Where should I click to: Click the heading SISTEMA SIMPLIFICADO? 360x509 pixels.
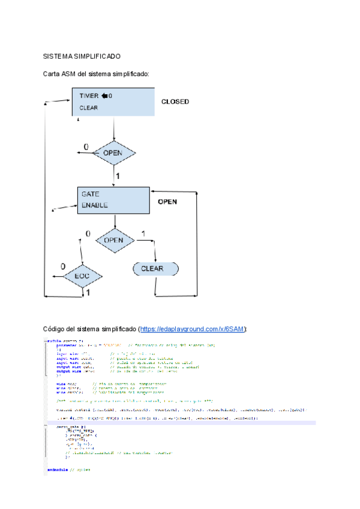click(82, 56)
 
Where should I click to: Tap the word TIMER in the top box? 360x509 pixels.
click(89, 96)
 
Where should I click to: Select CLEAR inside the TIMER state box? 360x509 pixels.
click(88, 108)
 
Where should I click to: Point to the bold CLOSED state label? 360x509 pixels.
click(175, 102)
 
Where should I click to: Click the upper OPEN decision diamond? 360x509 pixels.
click(113, 153)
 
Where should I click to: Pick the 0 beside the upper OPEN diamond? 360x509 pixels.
click(86, 147)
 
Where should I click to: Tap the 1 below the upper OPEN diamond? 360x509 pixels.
click(118, 177)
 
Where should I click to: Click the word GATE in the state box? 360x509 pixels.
click(90, 194)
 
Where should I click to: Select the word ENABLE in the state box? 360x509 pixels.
click(95, 205)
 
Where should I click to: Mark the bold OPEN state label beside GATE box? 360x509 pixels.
click(167, 202)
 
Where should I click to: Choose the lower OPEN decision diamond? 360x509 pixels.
click(113, 240)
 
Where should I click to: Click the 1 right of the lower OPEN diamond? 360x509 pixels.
click(143, 233)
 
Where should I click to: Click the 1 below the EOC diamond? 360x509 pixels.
click(87, 292)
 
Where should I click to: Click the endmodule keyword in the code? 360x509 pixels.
click(58, 469)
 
